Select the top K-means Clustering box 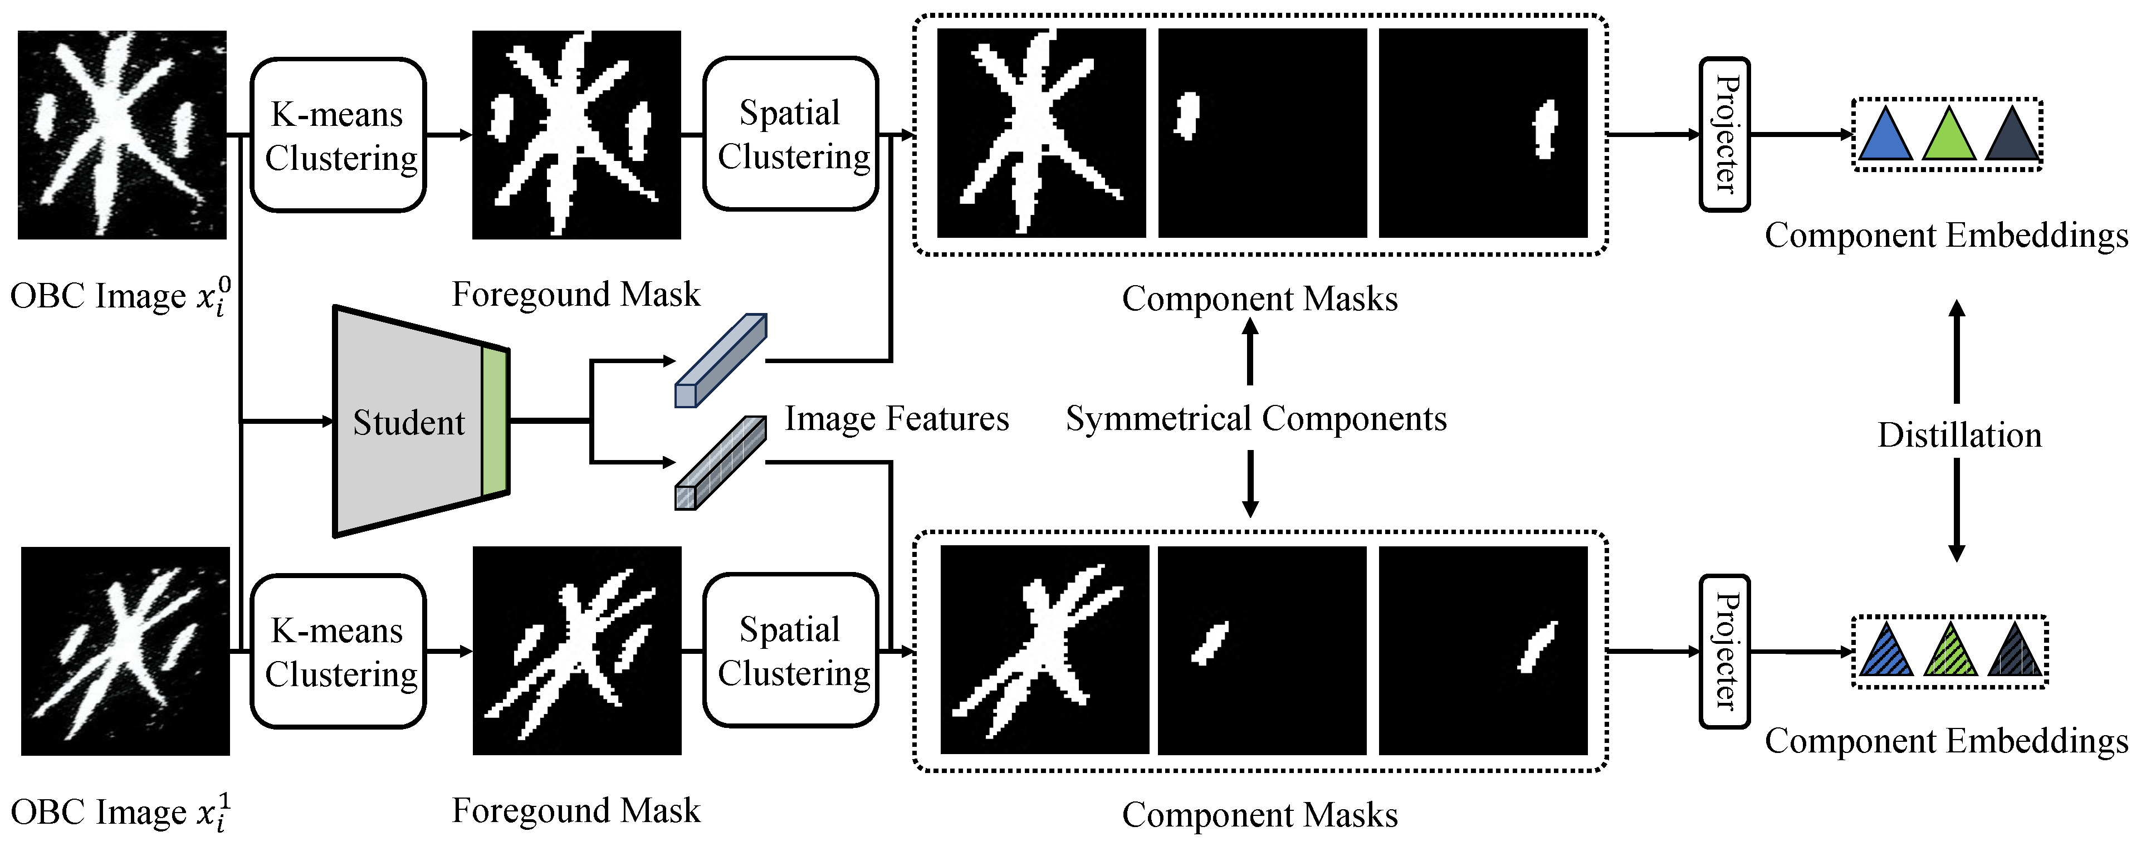(338, 135)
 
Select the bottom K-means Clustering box (338, 652)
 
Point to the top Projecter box (1724, 134)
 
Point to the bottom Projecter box (1724, 651)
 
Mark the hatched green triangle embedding (1950, 654)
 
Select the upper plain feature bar (720, 361)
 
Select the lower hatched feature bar (720, 463)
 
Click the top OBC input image (122, 135)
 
